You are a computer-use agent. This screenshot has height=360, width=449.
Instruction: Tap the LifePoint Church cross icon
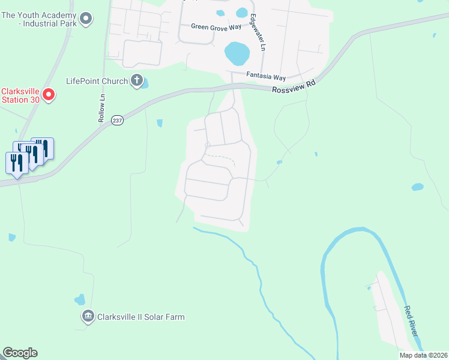[x=137, y=80]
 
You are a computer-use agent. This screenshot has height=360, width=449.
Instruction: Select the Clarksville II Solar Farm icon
[x=88, y=316]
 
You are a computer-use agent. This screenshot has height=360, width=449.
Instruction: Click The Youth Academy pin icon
[x=86, y=19]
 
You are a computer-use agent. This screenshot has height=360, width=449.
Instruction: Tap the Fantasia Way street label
[x=266, y=77]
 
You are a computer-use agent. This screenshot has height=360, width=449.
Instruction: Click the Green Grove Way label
[x=215, y=26]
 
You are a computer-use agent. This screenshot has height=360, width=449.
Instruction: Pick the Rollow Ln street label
[x=102, y=108]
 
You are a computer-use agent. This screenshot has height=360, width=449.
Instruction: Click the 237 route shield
[x=117, y=120]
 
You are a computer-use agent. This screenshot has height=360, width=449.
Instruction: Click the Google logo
[x=20, y=353]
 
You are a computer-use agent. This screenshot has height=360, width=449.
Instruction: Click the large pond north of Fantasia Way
[x=237, y=54]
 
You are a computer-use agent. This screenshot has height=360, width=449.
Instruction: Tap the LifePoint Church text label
[x=97, y=81]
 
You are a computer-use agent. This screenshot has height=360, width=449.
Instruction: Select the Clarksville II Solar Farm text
[x=141, y=317]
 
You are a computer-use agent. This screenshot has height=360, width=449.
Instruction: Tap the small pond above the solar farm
[x=80, y=299]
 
